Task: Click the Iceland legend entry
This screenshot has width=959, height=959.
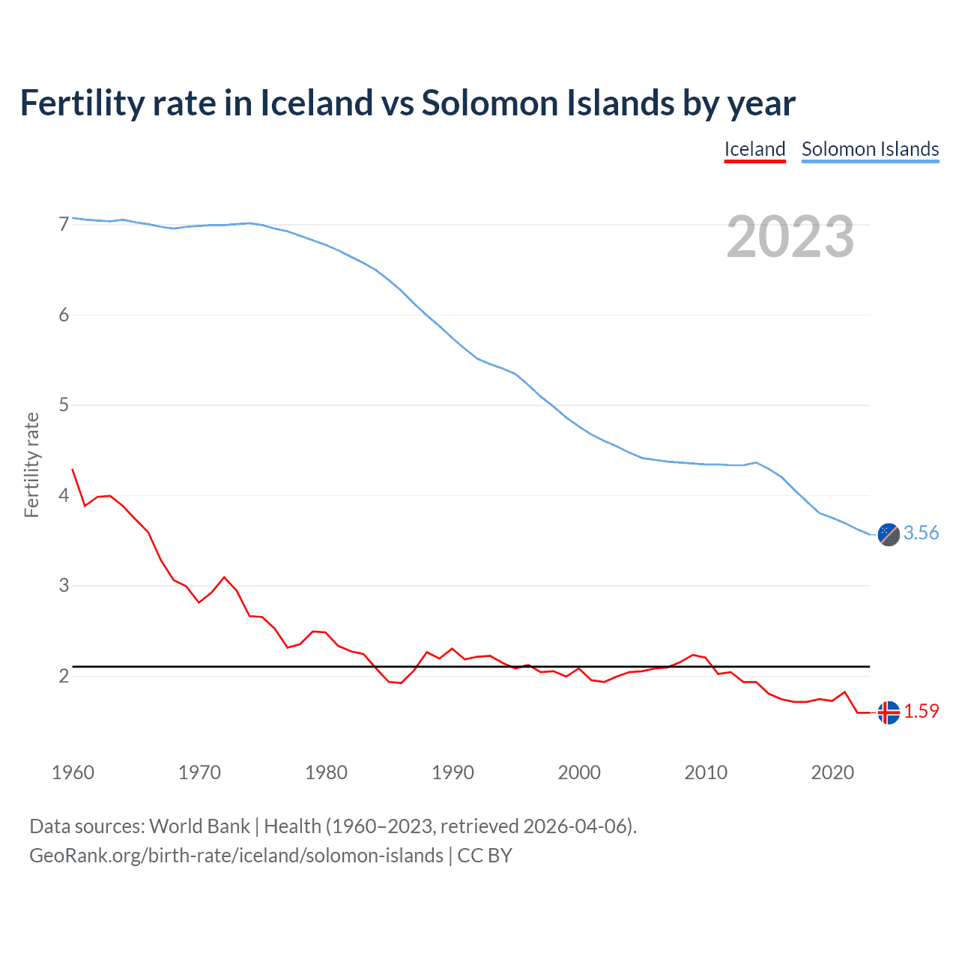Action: click(x=754, y=149)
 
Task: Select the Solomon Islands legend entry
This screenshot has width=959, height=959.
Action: click(x=870, y=149)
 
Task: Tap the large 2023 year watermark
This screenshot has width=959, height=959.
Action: click(x=790, y=237)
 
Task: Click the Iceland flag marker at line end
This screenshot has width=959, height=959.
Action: click(x=889, y=713)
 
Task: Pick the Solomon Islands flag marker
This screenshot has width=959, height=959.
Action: click(x=889, y=534)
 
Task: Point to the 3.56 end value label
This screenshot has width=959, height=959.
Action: click(x=921, y=533)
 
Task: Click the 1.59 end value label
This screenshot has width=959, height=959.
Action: click(x=921, y=711)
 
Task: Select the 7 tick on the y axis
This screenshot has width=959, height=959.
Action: click(x=64, y=224)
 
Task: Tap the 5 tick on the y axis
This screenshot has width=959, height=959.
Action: click(x=64, y=405)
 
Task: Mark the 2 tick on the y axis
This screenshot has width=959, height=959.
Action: click(x=64, y=676)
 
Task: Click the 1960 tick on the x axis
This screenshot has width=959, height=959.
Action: click(x=73, y=772)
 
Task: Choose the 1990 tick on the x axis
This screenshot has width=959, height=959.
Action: click(x=453, y=772)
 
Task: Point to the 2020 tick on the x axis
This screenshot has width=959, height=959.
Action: click(x=832, y=772)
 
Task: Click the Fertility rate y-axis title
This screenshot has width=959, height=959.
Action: click(x=31, y=465)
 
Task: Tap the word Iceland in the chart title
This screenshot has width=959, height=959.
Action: click(x=316, y=103)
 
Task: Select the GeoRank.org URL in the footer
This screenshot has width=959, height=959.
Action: click(x=236, y=856)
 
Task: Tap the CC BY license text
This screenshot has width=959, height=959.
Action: click(x=485, y=856)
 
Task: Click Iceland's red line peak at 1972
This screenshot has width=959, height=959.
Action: click(x=224, y=577)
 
